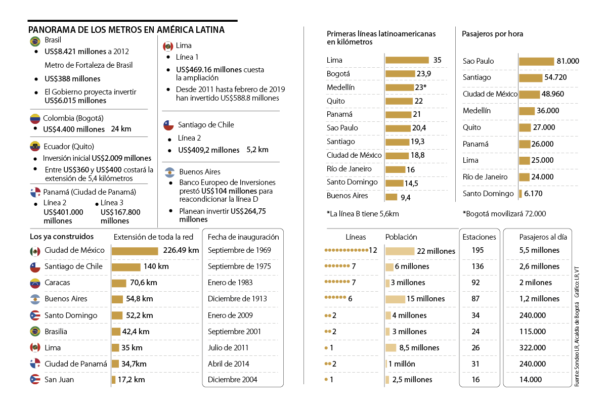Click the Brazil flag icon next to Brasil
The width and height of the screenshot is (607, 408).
pyautogui.click(x=35, y=41)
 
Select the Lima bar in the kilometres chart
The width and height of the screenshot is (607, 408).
pyautogui.click(x=407, y=60)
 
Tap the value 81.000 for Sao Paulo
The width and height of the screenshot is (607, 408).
pyautogui.click(x=568, y=61)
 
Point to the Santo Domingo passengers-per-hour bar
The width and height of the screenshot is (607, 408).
pyautogui.click(x=521, y=194)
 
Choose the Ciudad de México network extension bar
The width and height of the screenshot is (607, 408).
pyautogui.click(x=135, y=251)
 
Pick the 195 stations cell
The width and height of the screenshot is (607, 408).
pyautogui.click(x=478, y=250)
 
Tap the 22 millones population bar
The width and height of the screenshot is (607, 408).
pyautogui.click(x=400, y=251)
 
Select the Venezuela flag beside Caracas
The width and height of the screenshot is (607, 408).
pyautogui.click(x=35, y=283)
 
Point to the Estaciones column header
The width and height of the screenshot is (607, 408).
pyautogui.click(x=479, y=237)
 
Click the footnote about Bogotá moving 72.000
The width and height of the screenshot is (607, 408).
pyautogui.click(x=504, y=214)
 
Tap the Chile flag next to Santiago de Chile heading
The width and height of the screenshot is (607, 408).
pyautogui.click(x=168, y=125)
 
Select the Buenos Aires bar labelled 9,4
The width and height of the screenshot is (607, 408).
pyautogui.click(x=392, y=197)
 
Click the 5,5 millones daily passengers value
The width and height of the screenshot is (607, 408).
pyautogui.click(x=539, y=250)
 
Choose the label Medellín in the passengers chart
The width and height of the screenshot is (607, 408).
pyautogui.click(x=476, y=111)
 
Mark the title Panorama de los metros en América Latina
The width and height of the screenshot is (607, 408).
pyautogui.click(x=126, y=30)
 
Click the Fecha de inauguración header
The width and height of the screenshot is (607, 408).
pyautogui.click(x=243, y=237)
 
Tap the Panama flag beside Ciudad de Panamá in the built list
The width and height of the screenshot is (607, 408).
pyautogui.click(x=35, y=364)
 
